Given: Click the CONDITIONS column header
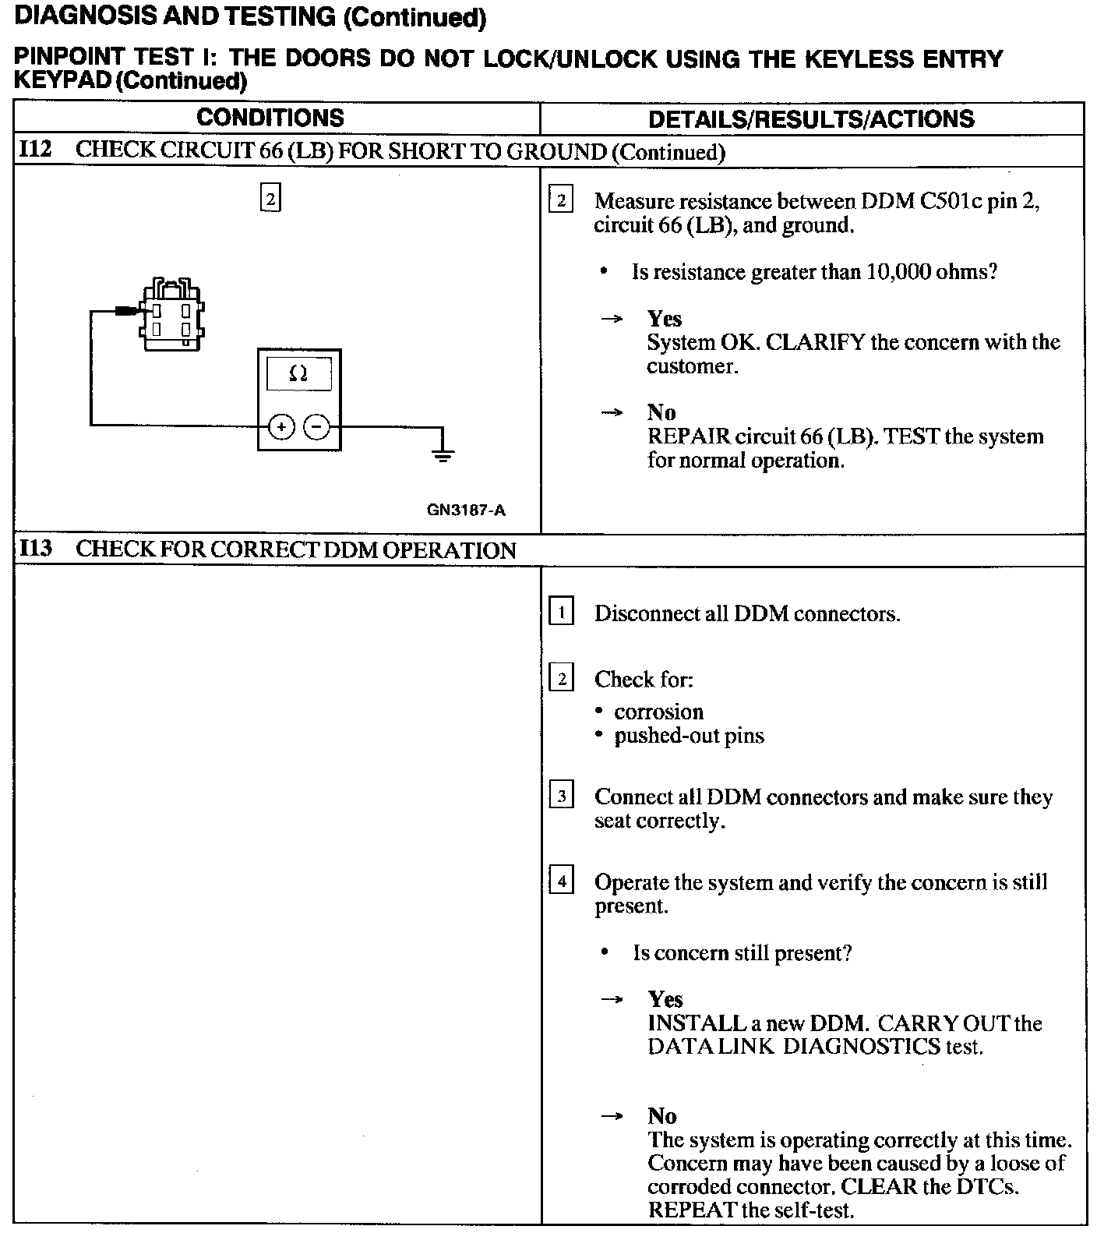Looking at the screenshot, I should [270, 118].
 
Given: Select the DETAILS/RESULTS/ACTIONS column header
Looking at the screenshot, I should [810, 118].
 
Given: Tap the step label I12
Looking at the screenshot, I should [35, 150].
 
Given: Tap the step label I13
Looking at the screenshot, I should [35, 549].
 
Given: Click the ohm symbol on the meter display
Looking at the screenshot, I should [298, 374].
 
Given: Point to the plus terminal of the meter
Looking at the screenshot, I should [281, 426].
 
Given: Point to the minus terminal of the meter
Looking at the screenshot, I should [316, 426].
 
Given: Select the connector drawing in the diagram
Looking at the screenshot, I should [171, 316].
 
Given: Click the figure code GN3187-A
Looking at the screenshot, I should [466, 511].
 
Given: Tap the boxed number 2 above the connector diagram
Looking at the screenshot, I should [270, 199].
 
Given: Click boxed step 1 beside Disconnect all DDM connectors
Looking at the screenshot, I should [561, 613].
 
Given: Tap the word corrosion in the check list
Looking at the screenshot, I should [658, 712].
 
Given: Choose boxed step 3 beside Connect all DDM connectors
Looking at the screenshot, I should [561, 796].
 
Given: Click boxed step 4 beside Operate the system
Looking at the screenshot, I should [561, 881].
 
